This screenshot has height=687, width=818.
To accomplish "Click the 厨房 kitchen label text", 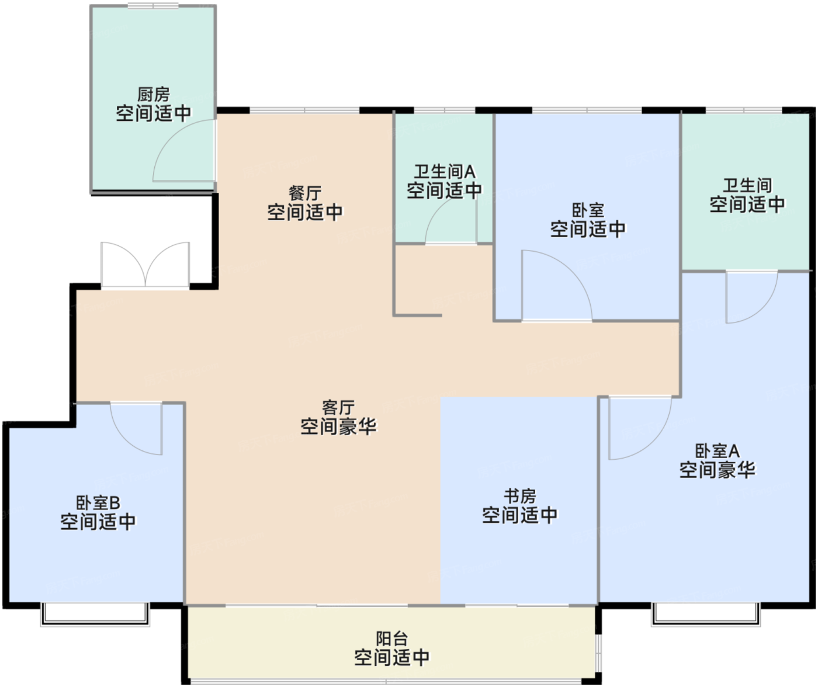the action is [x=153, y=95].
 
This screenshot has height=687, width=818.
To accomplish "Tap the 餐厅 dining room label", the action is [x=305, y=193].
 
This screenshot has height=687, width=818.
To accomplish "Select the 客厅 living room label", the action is [x=338, y=407].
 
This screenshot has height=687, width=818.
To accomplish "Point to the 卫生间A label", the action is [x=445, y=172].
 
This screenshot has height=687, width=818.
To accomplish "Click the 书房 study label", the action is [x=519, y=496].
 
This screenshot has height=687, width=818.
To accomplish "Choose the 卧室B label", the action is [x=98, y=502].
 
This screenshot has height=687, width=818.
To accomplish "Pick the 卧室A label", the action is [x=717, y=451].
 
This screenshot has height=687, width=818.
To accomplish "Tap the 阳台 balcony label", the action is [x=391, y=639].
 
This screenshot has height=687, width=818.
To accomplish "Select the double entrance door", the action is [x=145, y=266].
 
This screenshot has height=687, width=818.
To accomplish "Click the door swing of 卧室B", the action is [x=136, y=428].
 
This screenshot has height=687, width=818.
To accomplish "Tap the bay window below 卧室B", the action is [x=95, y=614].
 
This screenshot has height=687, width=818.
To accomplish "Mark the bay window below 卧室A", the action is [x=706, y=614].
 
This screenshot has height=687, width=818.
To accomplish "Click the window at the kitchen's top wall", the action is [x=153, y=6].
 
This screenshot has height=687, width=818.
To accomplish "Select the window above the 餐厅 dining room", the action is [x=304, y=110].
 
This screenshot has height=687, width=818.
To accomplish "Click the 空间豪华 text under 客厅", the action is [x=338, y=426].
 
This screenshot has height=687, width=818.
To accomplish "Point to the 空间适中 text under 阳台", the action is [x=391, y=657].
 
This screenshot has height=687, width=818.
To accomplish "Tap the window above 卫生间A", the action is [x=445, y=110].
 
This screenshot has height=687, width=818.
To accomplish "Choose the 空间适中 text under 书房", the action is [x=519, y=515].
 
